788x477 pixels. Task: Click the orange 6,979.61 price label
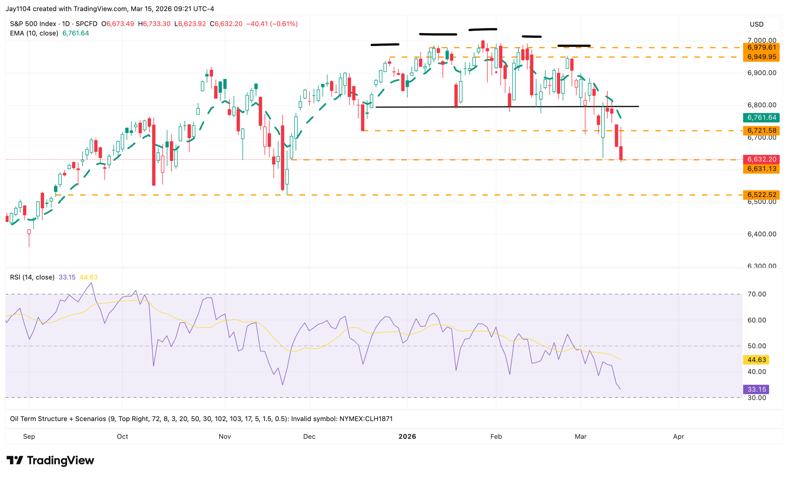coord(761,47)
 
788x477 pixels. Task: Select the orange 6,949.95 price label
coord(761,57)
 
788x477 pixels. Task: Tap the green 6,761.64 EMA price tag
coord(761,118)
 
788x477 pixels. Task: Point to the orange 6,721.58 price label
coord(761,130)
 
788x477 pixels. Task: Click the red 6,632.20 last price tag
coord(761,159)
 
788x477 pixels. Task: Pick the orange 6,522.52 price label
coord(761,195)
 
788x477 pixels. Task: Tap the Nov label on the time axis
coord(224,436)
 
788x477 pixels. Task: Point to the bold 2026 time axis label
coord(407,436)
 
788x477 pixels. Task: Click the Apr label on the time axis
coord(678,436)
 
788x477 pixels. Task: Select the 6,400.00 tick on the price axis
coord(762,234)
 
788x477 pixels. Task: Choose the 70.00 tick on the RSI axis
coord(757,294)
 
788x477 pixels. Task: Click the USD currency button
coord(756,24)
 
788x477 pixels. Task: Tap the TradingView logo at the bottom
coord(50,460)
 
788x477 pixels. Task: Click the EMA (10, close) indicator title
coord(34,33)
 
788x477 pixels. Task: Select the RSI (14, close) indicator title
coord(32,277)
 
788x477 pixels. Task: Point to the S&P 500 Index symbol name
coord(33,24)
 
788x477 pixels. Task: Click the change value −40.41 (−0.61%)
coord(272,24)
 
